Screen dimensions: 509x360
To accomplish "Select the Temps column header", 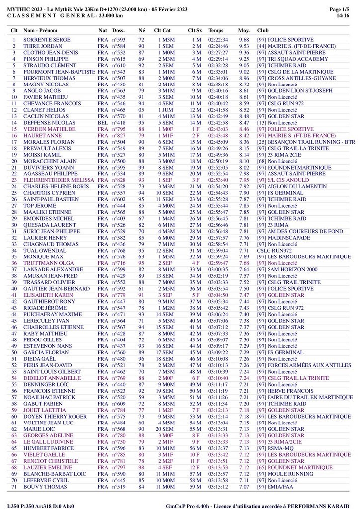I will point(216,30).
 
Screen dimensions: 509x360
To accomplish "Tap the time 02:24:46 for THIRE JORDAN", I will point(218,46).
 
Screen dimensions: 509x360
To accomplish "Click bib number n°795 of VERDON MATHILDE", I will point(118,129).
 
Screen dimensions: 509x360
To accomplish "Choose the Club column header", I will point(263,30).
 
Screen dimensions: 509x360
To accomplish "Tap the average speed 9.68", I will point(244,40).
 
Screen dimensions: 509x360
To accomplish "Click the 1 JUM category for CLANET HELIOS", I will point(166,110).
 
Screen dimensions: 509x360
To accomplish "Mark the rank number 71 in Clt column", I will point(14,487).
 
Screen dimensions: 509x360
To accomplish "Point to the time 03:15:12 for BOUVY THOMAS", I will point(218,487).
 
